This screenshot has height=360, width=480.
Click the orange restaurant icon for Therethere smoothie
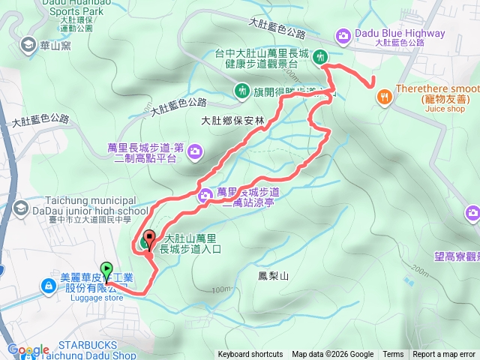[384, 96]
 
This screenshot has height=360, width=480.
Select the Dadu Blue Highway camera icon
[343, 34]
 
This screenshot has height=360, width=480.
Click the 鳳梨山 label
[273, 276]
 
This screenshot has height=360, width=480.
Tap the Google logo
[28, 349]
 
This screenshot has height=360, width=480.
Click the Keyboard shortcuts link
[250, 355]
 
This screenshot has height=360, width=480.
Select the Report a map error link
[444, 355]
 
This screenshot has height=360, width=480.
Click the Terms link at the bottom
[393, 355]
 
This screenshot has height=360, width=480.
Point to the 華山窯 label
[56, 44]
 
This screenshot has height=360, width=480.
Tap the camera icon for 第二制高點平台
[195, 153]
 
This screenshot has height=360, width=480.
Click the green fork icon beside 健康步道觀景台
[320, 56]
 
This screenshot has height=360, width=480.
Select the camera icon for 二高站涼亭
[205, 196]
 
